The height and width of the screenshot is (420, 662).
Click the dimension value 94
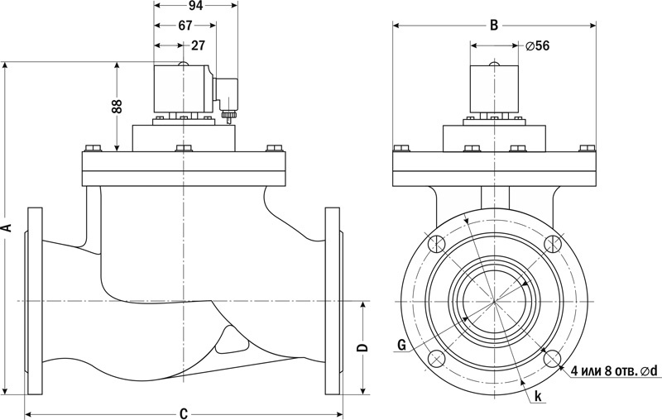click(x=195, y=6)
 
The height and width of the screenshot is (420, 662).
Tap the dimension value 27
click(x=199, y=45)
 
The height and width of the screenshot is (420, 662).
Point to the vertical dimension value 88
click(x=117, y=106)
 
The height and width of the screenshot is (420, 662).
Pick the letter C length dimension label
click(x=184, y=413)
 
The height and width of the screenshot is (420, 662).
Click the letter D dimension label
click(x=362, y=348)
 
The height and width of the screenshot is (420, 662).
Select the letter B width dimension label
click(x=494, y=25)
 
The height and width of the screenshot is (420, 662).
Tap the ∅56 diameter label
click(x=538, y=45)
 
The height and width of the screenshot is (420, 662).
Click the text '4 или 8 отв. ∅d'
click(x=613, y=372)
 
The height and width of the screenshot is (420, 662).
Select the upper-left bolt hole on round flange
click(x=436, y=243)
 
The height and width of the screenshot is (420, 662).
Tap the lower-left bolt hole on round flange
click(x=436, y=359)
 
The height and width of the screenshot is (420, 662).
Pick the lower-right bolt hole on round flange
click(x=553, y=359)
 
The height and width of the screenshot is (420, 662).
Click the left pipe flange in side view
click(x=34, y=301)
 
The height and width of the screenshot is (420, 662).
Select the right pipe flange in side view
click(x=333, y=301)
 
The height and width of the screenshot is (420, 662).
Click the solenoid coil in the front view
click(x=494, y=90)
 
